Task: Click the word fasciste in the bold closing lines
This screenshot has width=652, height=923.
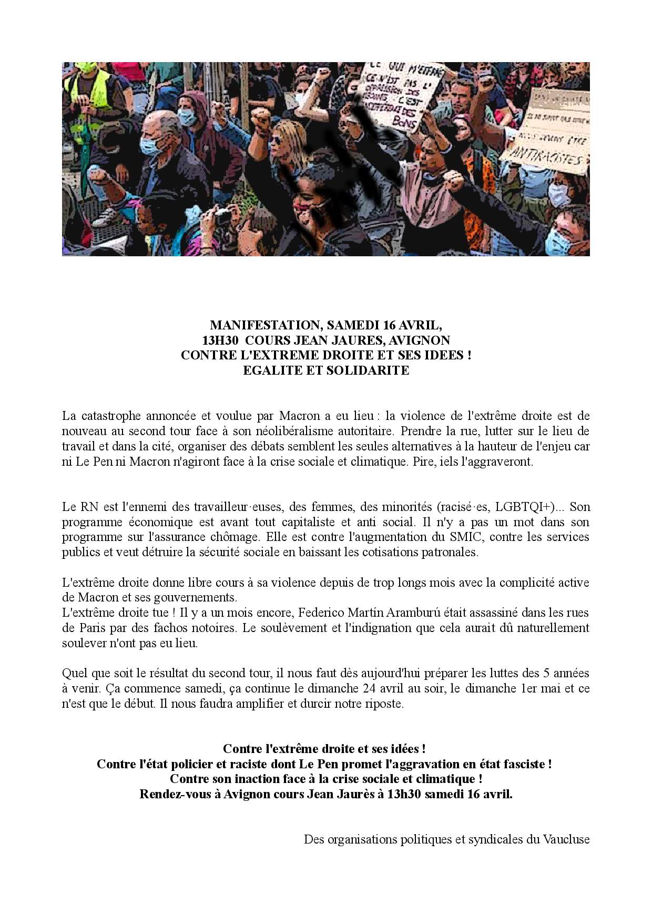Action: (x=527, y=764)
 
